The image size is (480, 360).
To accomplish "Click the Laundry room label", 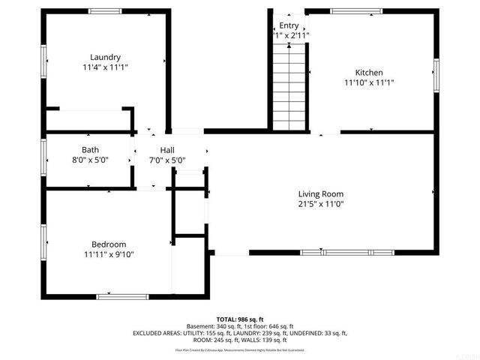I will [105, 58].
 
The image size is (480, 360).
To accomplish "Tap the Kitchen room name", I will [369, 72].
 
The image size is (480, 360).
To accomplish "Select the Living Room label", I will [321, 193].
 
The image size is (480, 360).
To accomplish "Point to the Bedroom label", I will [109, 244].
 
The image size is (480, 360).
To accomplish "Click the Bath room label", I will [90, 150].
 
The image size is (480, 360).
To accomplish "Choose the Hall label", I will [167, 150].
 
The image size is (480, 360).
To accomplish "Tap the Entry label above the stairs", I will [289, 25].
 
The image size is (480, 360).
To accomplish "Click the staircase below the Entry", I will [289, 86].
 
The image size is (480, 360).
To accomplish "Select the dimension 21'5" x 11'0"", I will [321, 203].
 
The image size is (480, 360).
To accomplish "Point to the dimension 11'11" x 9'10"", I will [109, 254].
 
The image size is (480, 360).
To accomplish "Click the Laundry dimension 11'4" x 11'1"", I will [105, 67].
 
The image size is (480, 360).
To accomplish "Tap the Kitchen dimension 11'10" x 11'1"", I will [369, 82].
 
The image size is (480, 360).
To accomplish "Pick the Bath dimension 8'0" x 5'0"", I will [90, 160].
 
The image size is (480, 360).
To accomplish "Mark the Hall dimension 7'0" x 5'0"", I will [167, 160].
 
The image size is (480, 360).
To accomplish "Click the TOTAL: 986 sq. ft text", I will [240, 319].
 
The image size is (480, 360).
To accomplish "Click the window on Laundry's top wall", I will [105, 11].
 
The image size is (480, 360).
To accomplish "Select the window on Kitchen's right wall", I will [435, 75].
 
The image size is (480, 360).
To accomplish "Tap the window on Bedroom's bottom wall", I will [118, 296].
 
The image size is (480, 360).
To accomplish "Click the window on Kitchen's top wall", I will [357, 11].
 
